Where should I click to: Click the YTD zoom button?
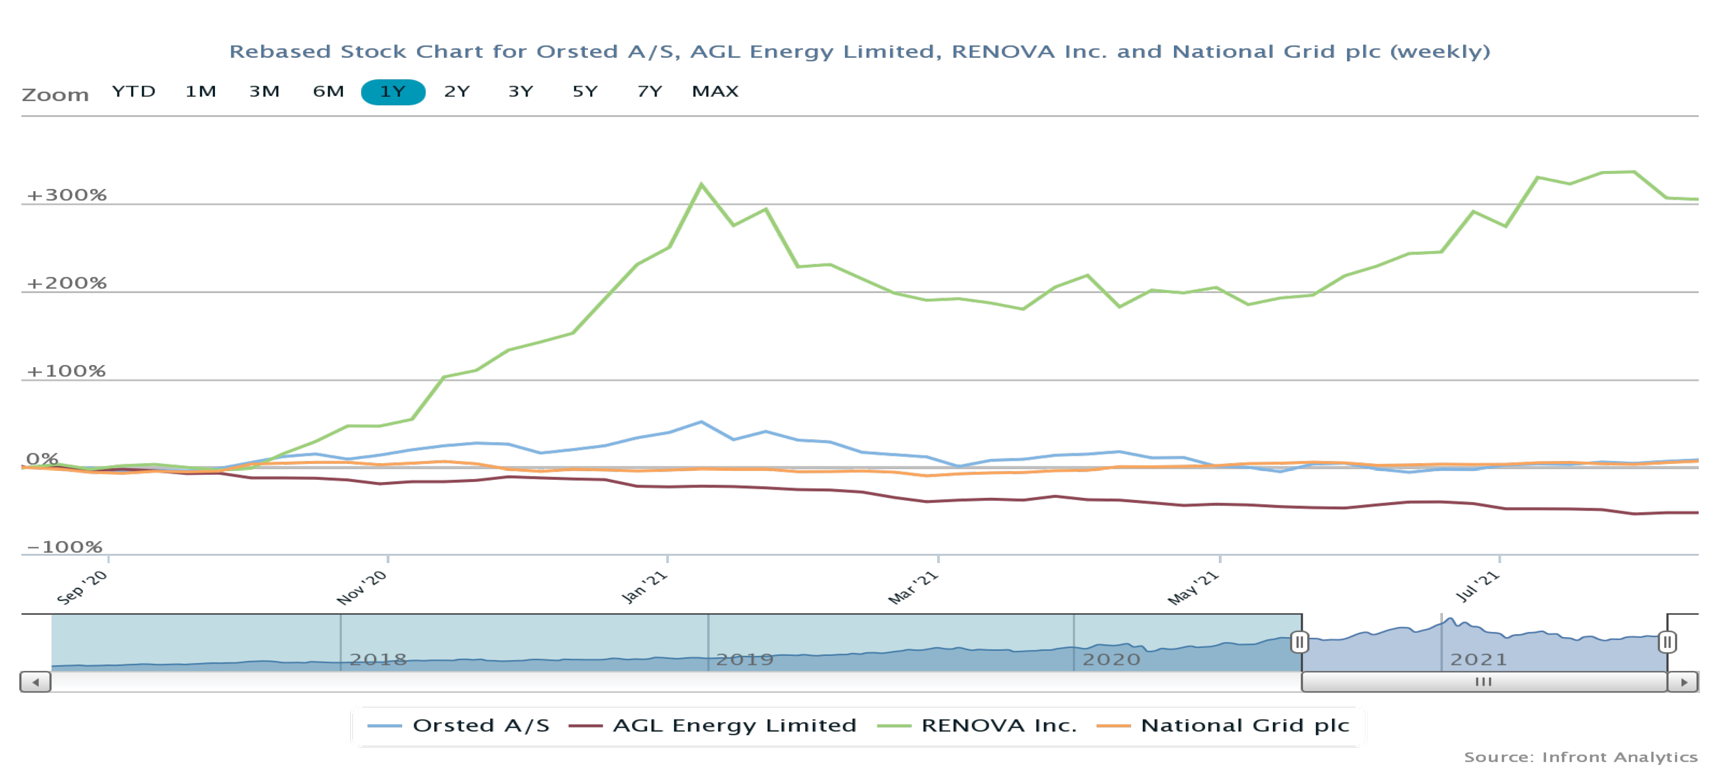pyautogui.click(x=134, y=92)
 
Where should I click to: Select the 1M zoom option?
pyautogui.click(x=200, y=92)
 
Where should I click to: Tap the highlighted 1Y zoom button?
pyautogui.click(x=393, y=92)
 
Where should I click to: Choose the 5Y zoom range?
pyautogui.click(x=585, y=92)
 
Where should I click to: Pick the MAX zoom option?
pyautogui.click(x=715, y=92)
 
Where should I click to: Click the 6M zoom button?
pyautogui.click(x=328, y=92)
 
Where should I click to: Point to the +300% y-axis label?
pyautogui.click(x=66, y=195)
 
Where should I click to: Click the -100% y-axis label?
pyautogui.click(x=64, y=547)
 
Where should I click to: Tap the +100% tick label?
pyautogui.click(x=66, y=371)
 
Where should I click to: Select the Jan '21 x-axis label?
pyautogui.click(x=644, y=587)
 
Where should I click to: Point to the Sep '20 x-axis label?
pyautogui.click(x=82, y=587)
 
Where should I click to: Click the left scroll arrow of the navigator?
pyautogui.click(x=36, y=682)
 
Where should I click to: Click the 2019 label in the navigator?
pyautogui.click(x=744, y=659)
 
